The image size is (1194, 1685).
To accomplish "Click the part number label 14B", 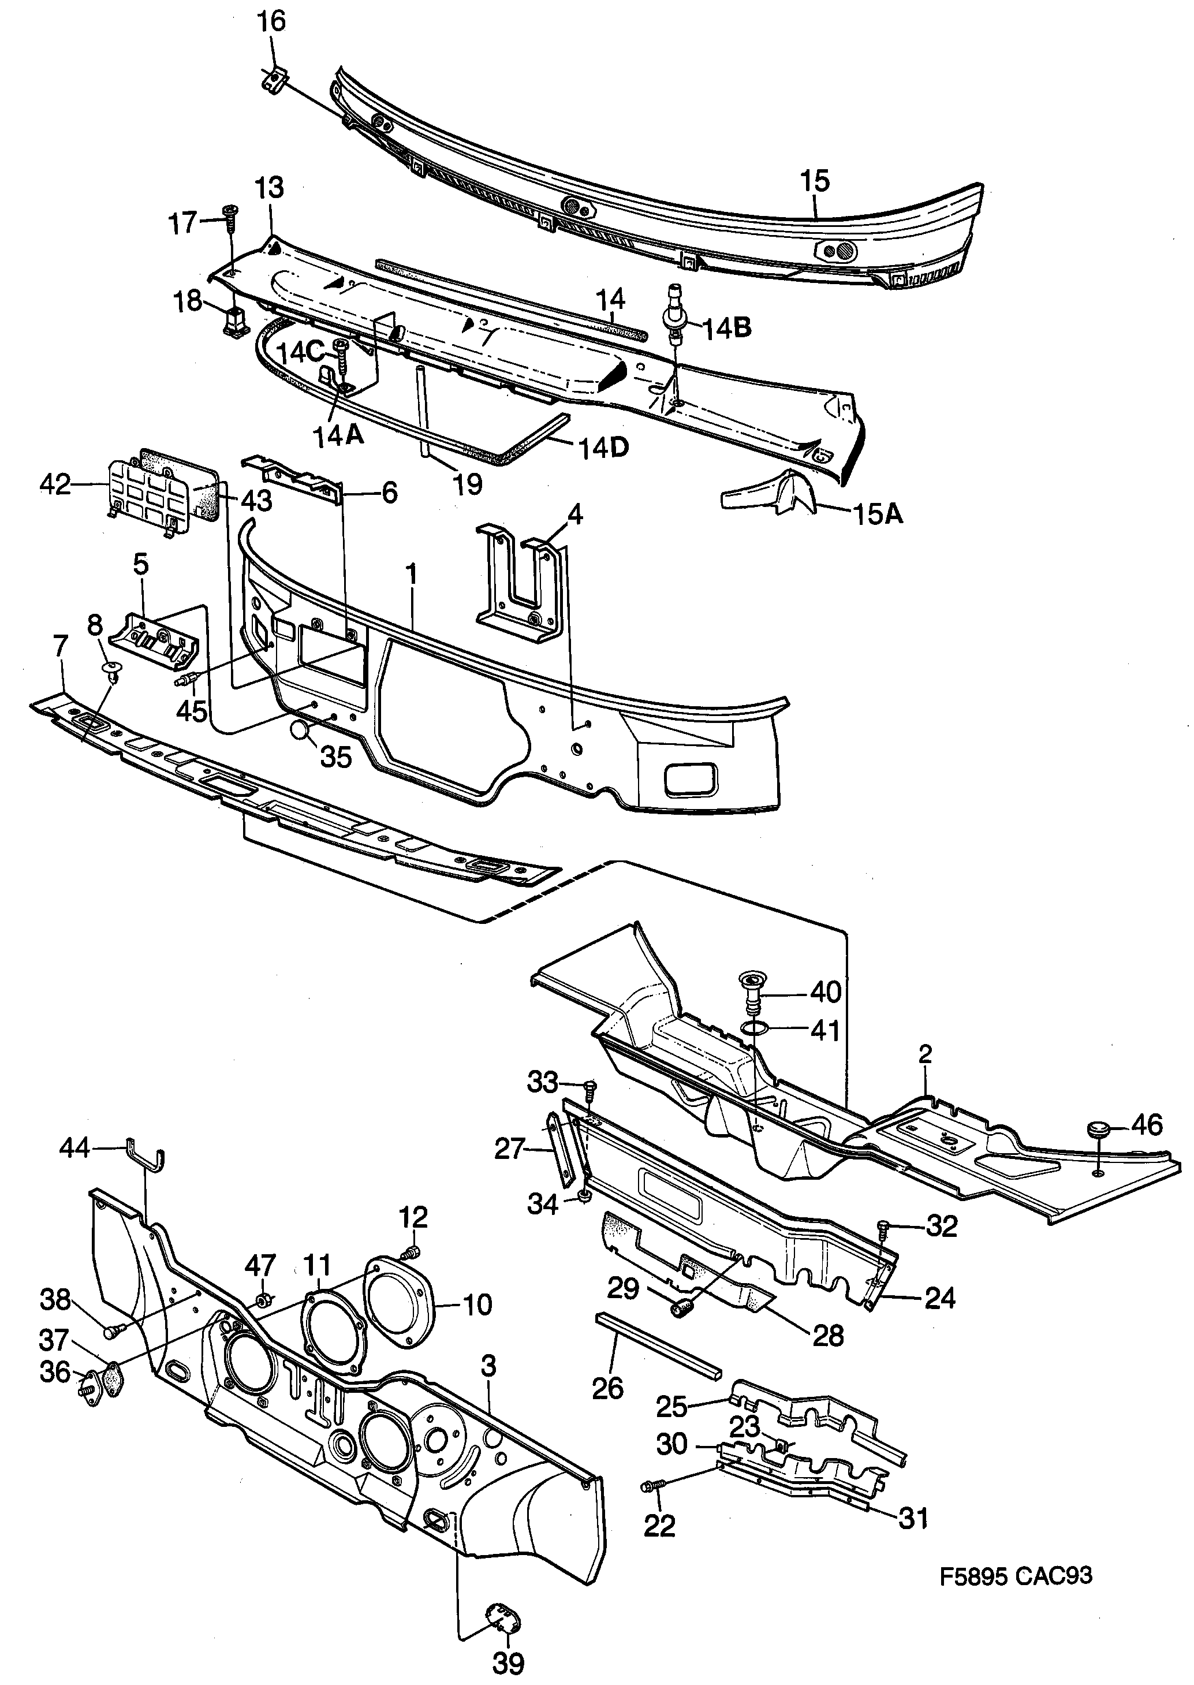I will pyautogui.click(x=727, y=328).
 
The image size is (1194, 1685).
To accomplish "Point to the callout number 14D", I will pyautogui.click(x=603, y=447).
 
